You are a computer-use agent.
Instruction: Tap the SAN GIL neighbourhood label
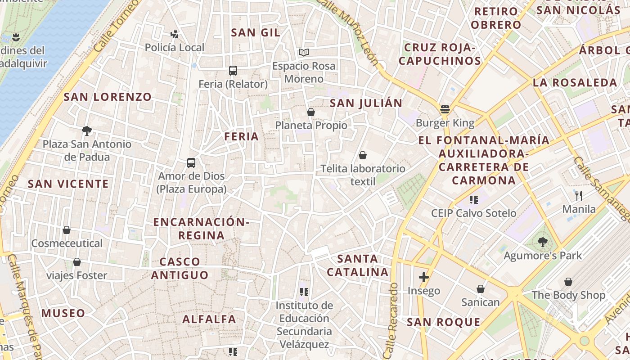[x=256, y=32]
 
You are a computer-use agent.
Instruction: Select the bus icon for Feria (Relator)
[x=233, y=70]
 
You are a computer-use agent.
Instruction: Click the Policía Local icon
[x=175, y=34]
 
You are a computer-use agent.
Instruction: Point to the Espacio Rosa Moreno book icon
[x=304, y=52]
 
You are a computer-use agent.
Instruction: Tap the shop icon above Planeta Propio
[x=310, y=112]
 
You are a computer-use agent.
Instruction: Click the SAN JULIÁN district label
[x=366, y=103]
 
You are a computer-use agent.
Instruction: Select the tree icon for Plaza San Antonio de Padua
[x=87, y=131]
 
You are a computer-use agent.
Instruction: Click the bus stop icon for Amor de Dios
[x=191, y=162]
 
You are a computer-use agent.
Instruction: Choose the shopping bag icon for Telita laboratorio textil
[x=363, y=155]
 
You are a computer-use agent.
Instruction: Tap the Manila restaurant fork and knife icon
[x=579, y=195]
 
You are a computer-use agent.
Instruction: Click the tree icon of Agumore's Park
[x=543, y=242]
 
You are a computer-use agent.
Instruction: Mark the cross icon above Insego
[x=423, y=277]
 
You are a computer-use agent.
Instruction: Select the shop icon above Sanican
[x=481, y=288]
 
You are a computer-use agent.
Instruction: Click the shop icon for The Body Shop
[x=568, y=282]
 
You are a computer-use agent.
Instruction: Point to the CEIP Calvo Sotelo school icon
[x=473, y=199]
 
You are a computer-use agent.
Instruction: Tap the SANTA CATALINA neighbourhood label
[x=358, y=265]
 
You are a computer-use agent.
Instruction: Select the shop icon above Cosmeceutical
[x=67, y=230]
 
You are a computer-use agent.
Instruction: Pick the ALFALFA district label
[x=209, y=319]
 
